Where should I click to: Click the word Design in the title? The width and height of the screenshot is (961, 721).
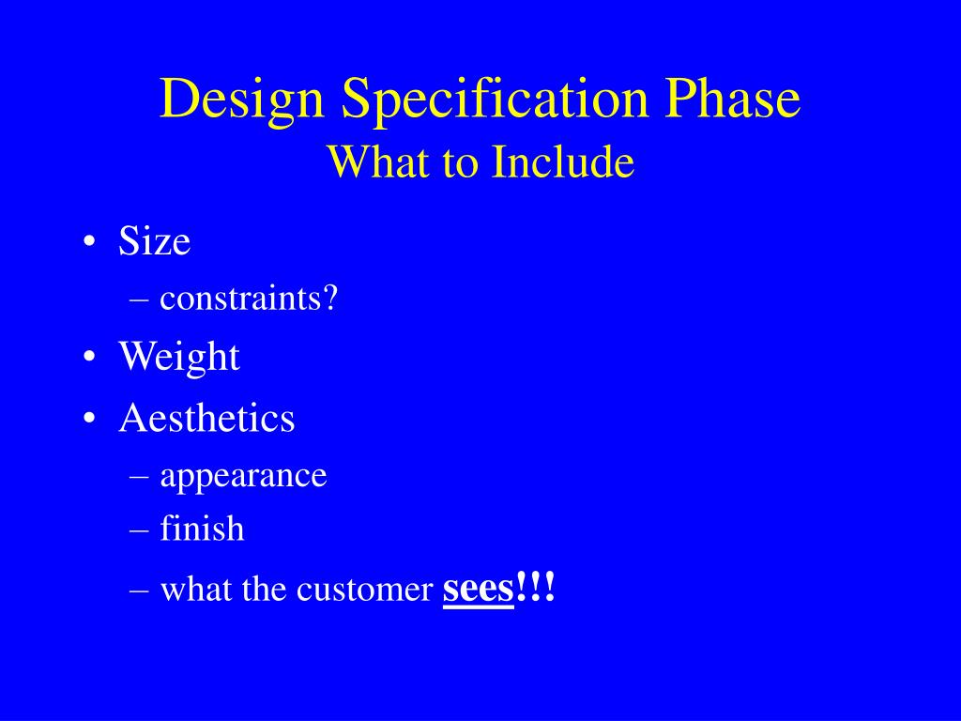click(243, 100)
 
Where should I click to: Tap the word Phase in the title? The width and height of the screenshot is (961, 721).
click(733, 99)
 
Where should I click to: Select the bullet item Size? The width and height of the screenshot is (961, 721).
click(155, 242)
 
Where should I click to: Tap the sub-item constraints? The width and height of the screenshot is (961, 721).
click(249, 299)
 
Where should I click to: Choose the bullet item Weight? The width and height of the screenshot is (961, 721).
click(179, 358)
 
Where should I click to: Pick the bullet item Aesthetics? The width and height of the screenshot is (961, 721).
click(206, 418)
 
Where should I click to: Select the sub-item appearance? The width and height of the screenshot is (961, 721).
click(243, 476)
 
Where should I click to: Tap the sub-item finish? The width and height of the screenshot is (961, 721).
click(202, 529)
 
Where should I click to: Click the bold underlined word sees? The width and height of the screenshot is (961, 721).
click(478, 589)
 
